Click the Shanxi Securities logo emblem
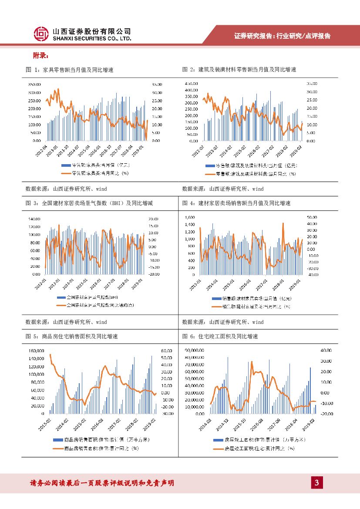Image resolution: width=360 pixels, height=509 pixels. [x=41, y=34]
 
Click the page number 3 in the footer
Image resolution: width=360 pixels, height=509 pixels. [x=317, y=482]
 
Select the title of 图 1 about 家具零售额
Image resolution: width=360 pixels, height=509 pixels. [x=70, y=70]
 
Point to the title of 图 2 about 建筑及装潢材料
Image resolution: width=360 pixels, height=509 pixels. [x=239, y=70]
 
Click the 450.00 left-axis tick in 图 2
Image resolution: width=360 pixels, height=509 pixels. [x=191, y=83]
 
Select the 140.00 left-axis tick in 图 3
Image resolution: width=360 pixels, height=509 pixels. [x=34, y=219]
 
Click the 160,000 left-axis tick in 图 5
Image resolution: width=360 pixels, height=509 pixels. [x=37, y=351]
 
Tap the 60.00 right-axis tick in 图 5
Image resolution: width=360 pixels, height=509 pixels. [x=167, y=351]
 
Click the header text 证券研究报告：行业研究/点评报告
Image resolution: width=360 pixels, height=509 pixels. [x=283, y=36]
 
